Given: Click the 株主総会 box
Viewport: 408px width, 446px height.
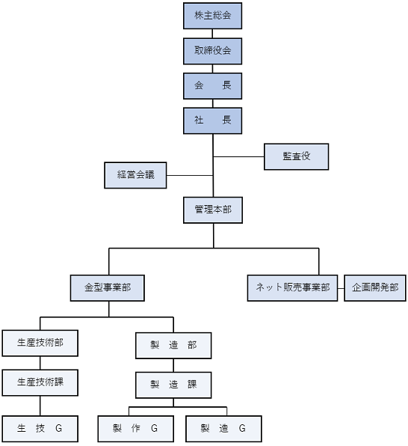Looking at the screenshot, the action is tap(212, 16).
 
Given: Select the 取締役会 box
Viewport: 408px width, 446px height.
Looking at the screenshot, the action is tap(212, 51).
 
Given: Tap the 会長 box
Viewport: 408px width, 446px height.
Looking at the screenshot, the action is tap(212, 86).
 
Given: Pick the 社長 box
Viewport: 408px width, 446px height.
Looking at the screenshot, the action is tap(212, 120).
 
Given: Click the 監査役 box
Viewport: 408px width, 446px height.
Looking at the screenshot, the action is tap(297, 156).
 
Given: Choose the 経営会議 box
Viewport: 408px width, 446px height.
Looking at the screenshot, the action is tap(135, 175).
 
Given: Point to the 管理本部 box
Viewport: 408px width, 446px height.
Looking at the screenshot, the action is tap(213, 210).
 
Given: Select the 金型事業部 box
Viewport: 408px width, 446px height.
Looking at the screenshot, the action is tap(108, 288).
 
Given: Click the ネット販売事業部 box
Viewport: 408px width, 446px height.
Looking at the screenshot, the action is tap(293, 288).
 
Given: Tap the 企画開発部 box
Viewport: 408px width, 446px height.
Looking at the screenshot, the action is tap(375, 288).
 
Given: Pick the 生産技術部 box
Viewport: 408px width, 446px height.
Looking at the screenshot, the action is tap(40, 343).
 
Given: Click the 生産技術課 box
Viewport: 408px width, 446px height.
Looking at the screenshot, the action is tap(40, 382).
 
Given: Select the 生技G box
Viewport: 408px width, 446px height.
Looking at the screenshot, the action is tap(40, 429).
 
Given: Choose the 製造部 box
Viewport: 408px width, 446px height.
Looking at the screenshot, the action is tap(173, 346).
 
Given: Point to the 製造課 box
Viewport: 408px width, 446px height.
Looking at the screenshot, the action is tap(173, 385).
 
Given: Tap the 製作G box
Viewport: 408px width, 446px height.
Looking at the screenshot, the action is tap(136, 429).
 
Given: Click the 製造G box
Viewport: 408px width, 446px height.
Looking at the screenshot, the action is tap(223, 429).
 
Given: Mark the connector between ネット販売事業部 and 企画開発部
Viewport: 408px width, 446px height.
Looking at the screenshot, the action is tap(341, 288).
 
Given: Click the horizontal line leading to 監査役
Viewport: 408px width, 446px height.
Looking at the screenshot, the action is tap(238, 156).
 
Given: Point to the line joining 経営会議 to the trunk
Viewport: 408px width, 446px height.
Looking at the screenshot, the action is tap(190, 175).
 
